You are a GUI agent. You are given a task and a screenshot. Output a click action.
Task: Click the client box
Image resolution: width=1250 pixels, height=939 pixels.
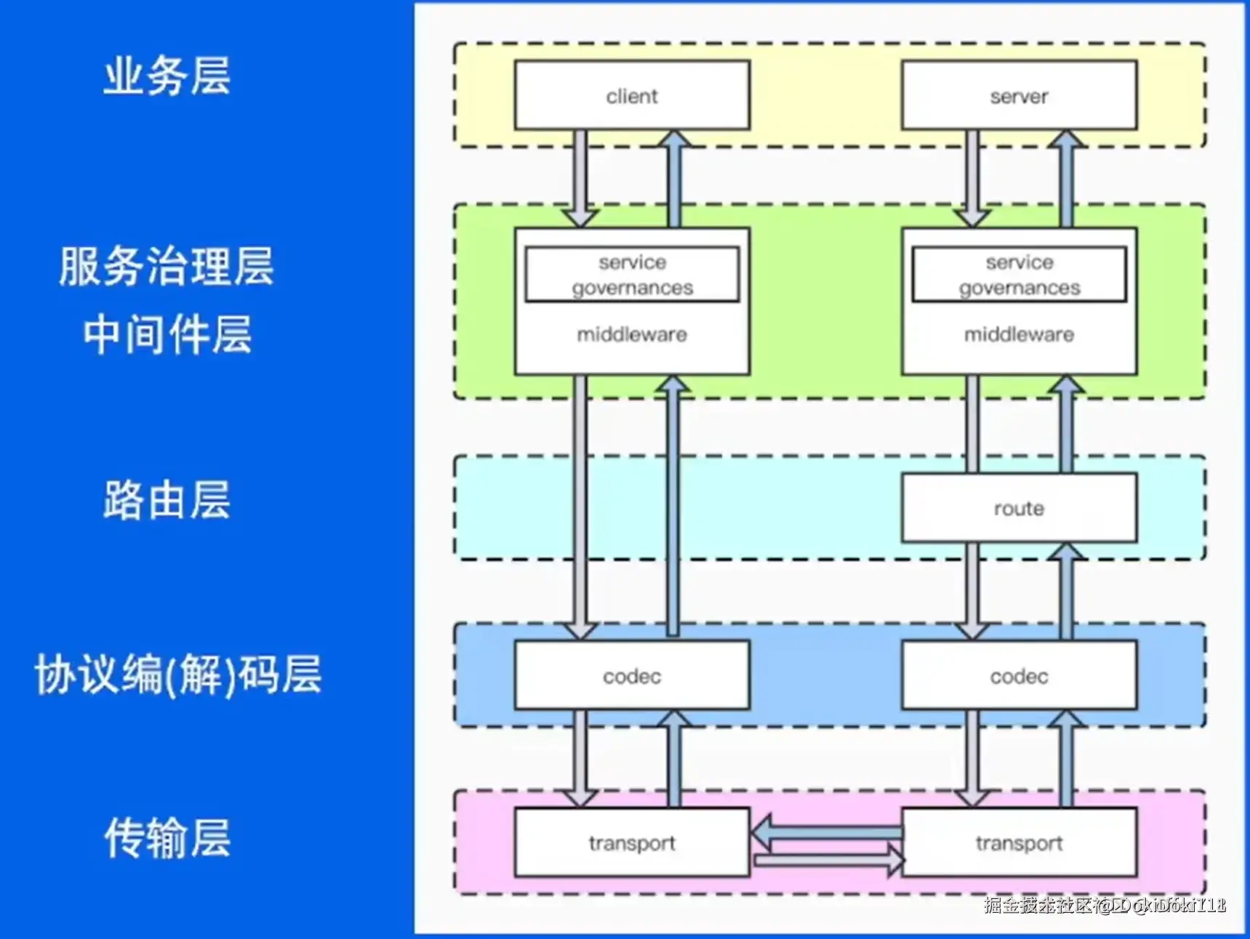632,96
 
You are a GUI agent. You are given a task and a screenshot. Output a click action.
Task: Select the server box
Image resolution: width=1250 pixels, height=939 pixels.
1019,96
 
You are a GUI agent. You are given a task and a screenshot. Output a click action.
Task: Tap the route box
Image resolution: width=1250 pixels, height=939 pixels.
1019,508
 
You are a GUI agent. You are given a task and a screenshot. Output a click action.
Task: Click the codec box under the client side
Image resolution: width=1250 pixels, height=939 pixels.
632,676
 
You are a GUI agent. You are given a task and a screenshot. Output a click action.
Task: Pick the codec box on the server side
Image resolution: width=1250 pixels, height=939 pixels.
1019,676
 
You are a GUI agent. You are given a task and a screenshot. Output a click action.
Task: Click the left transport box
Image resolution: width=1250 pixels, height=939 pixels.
632,842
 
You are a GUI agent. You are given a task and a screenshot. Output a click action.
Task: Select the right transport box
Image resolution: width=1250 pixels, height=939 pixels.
1019,842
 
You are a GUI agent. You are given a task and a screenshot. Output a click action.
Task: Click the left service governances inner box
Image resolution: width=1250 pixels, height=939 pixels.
632,275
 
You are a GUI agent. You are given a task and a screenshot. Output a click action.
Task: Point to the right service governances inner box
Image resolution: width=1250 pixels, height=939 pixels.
1019,275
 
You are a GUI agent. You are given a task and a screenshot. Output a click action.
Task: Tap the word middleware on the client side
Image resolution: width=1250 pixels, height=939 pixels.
632,334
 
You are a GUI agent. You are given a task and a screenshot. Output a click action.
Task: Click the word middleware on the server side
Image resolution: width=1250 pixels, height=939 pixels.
1019,334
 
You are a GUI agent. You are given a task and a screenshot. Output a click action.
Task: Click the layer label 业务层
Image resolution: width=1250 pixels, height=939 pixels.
167,76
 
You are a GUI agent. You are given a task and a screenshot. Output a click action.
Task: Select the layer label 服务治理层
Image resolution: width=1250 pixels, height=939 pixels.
167,266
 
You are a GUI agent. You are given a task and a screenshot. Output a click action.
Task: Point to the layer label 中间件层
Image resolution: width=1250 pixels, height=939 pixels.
167,334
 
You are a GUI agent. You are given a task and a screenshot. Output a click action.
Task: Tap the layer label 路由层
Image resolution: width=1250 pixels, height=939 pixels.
167,500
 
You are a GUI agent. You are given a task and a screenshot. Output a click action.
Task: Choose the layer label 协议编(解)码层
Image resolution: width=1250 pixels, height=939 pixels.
178,674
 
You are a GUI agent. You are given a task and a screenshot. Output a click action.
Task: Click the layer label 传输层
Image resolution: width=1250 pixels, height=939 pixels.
167,837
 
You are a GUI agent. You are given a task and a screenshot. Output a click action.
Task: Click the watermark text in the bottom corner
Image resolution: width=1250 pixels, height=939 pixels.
1105,905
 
